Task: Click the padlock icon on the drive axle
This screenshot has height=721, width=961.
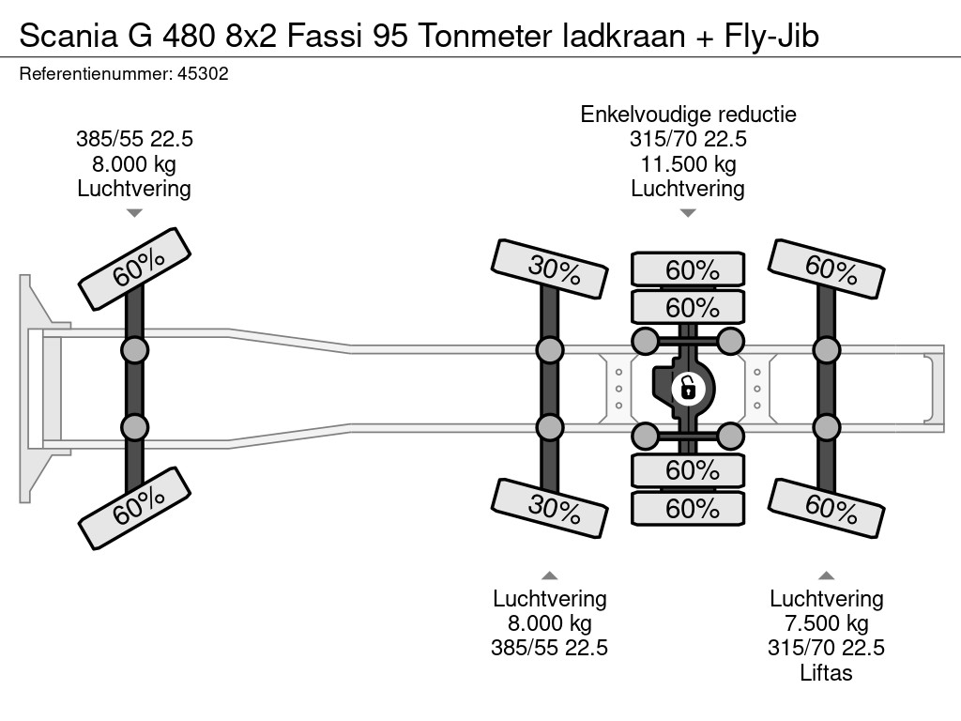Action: pos(688,386)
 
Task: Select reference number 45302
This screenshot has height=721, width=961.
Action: pos(203,73)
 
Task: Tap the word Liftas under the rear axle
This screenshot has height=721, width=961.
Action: pos(826,672)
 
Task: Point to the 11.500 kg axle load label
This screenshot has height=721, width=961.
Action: pos(688,164)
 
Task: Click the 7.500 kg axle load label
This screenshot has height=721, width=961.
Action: pos(827,623)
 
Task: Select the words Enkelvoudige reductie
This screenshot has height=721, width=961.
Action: pos(688,115)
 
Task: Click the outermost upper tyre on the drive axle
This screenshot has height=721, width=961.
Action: pos(688,269)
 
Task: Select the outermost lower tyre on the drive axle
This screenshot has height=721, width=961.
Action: pos(688,508)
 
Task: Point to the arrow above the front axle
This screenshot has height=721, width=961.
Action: pos(134,213)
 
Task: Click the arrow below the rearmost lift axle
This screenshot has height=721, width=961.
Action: pos(827,575)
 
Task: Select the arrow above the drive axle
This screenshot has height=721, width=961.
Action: pos(688,213)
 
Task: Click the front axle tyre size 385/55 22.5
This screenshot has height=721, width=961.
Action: pos(134,139)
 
